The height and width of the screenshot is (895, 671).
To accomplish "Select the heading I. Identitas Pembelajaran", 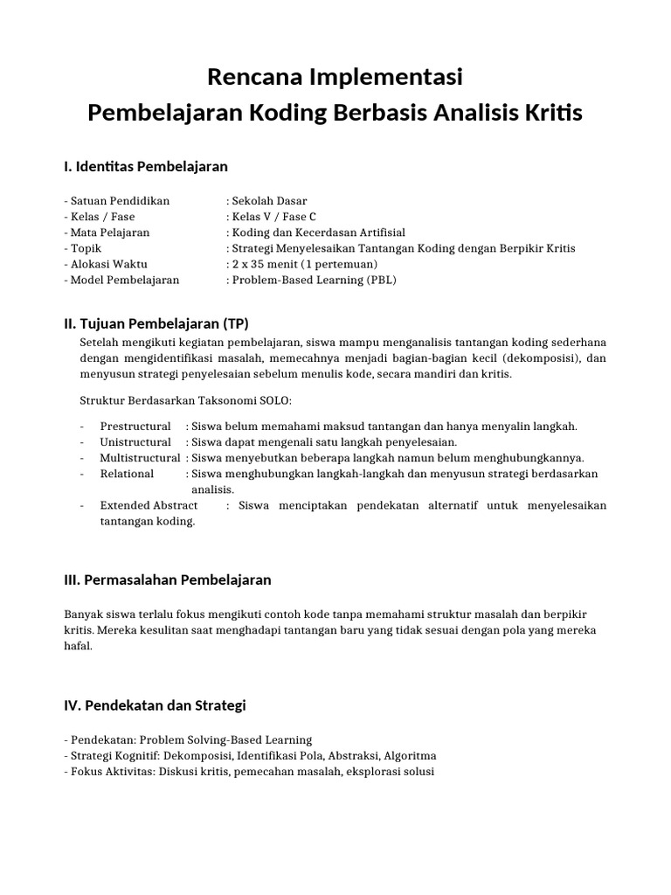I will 146,166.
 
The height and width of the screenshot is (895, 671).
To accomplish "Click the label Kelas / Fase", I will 100,217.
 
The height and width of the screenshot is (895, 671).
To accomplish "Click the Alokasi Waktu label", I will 106,264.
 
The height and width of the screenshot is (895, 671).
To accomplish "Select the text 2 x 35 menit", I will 263,264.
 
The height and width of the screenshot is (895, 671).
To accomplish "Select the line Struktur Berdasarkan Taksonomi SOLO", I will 185,400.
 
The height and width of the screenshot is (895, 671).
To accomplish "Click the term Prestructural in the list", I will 135,427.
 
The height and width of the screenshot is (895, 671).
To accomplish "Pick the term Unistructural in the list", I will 135,442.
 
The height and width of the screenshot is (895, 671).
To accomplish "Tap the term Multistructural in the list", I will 140,458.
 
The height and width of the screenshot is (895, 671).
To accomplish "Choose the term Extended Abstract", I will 149,505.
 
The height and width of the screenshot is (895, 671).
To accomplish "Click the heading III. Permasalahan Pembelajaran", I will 168,579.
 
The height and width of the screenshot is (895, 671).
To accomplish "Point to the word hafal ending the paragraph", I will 77,647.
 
